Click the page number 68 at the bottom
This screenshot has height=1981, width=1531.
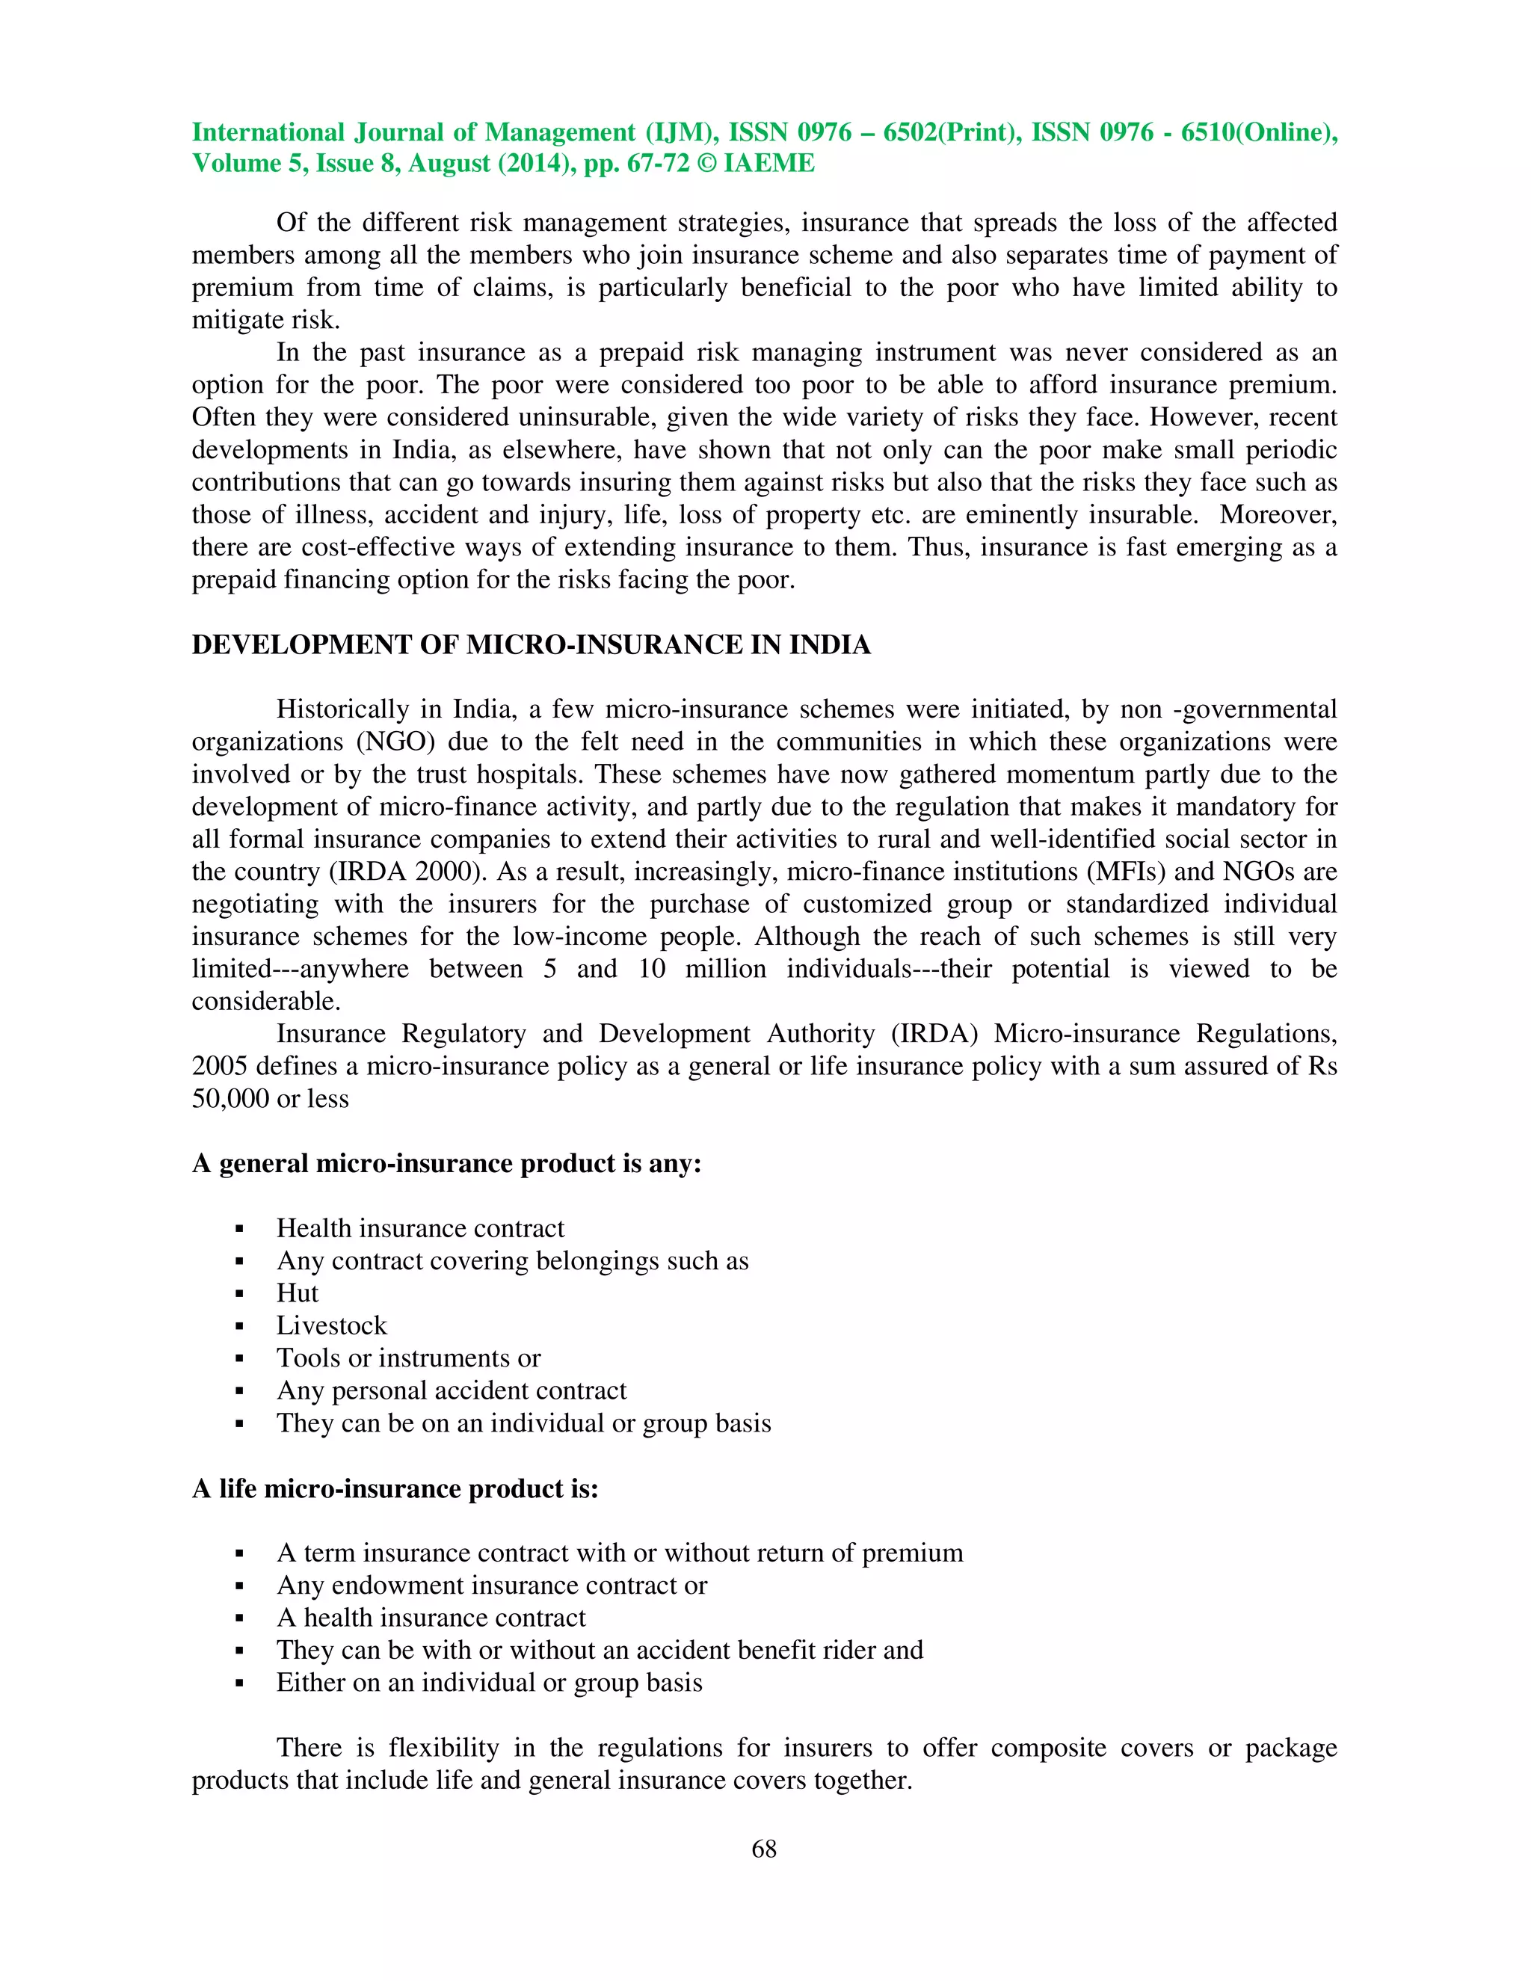point(764,1849)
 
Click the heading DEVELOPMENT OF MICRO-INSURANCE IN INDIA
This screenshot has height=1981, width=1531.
point(531,645)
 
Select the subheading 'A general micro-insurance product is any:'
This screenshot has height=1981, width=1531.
point(446,1164)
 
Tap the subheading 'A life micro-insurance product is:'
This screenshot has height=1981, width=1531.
point(395,1488)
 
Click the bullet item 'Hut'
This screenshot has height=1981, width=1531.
point(298,1293)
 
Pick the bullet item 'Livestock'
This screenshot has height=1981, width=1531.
point(331,1326)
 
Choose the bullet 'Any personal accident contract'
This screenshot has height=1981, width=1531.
point(451,1390)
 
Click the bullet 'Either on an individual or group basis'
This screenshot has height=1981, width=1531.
point(489,1683)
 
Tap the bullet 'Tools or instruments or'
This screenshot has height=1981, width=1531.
point(408,1358)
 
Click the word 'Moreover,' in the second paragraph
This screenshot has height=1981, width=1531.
point(1278,515)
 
